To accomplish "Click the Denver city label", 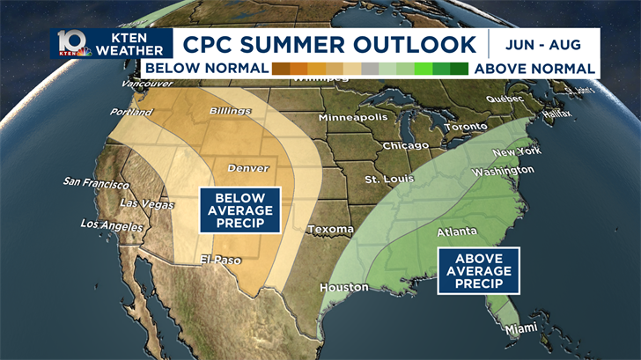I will click(x=248, y=168).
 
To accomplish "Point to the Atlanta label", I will click(x=457, y=231).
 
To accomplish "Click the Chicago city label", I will click(x=405, y=145).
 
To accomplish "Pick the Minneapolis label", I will click(x=352, y=118).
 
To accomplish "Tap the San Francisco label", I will click(x=96, y=184).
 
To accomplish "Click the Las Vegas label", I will click(x=146, y=205).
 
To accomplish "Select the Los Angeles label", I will click(x=111, y=225).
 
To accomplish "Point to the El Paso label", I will click(x=219, y=260).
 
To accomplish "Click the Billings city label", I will click(x=230, y=111).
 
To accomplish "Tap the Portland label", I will click(x=131, y=113).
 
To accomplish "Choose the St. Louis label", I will click(x=389, y=180).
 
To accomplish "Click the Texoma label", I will click(x=330, y=230).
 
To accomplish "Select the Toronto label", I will click(x=465, y=127).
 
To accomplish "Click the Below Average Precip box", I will click(x=239, y=210).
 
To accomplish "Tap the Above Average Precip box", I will click(x=478, y=270).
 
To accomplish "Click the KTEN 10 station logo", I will click(x=72, y=43).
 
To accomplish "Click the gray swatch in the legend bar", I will click(x=370, y=68).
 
